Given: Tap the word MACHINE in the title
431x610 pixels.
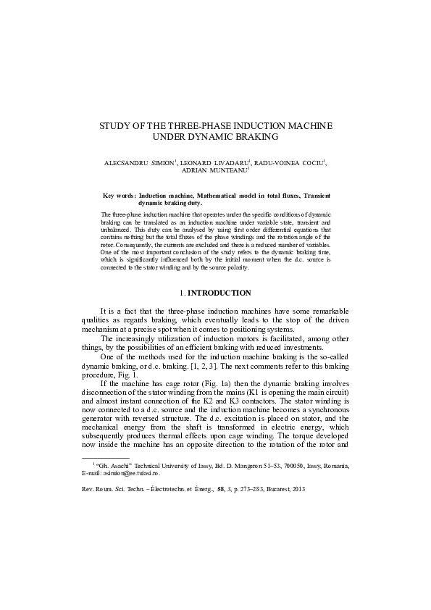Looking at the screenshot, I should (x=307, y=125).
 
